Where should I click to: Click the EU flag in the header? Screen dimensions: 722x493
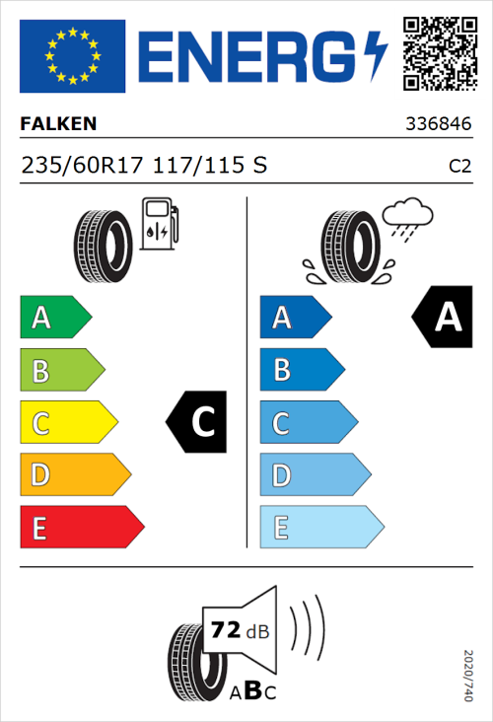tap(72, 56)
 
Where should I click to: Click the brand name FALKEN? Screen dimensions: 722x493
tap(58, 124)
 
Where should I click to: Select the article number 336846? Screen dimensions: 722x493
tap(438, 125)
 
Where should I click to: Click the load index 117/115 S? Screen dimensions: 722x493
tap(209, 166)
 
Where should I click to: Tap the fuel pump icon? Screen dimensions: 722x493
tap(160, 224)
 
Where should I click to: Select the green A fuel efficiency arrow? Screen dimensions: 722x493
tap(54, 318)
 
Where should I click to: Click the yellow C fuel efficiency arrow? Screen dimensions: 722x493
tap(67, 423)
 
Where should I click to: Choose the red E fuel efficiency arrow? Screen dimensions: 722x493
tap(81, 528)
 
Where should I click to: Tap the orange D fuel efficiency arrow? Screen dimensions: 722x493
tap(74, 475)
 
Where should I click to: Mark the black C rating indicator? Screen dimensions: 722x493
tap(198, 422)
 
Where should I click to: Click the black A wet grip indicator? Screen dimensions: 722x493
tap(443, 318)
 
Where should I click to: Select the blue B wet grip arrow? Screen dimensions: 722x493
tap(302, 370)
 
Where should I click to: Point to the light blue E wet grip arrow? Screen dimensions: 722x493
tap(320, 528)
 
